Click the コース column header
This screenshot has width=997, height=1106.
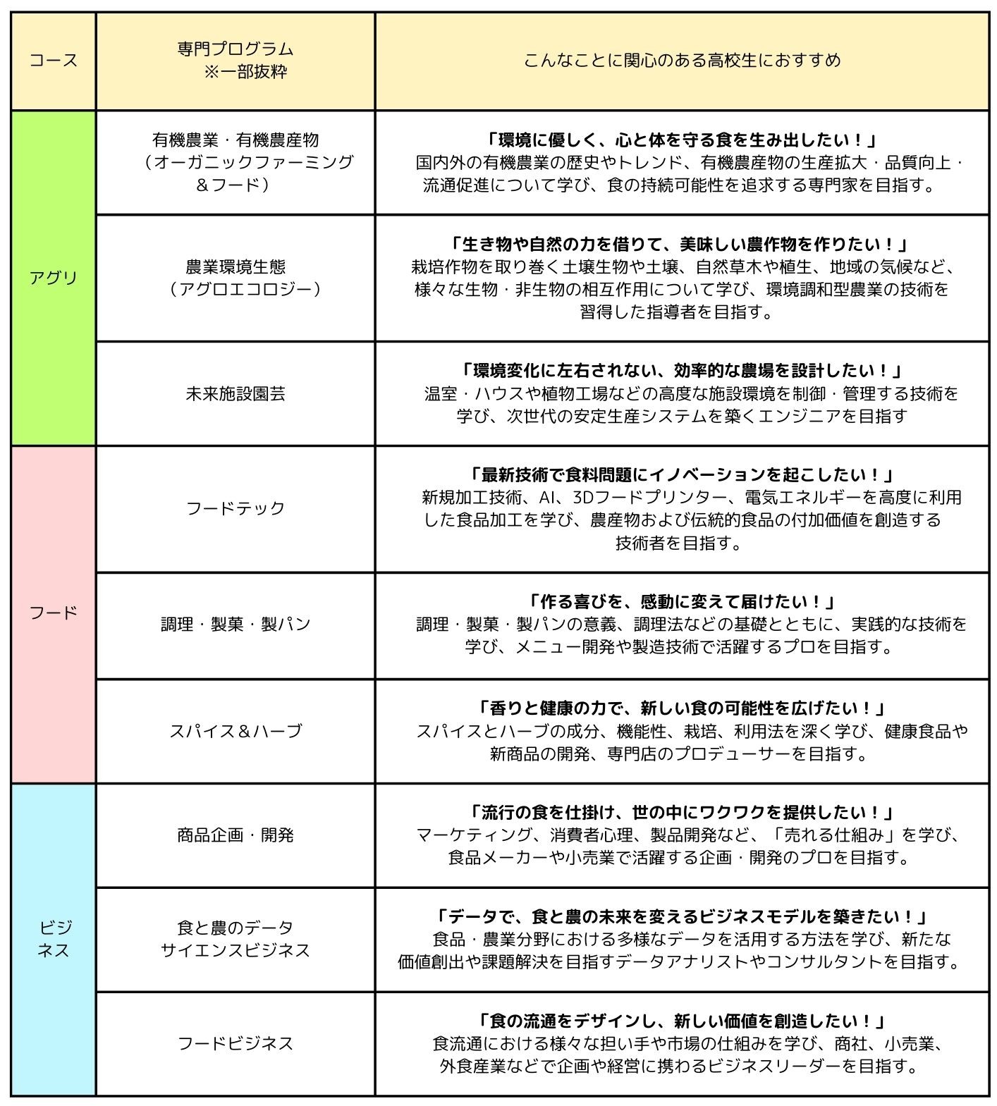[54, 61]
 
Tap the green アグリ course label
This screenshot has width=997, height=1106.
[54, 278]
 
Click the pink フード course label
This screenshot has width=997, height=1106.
[54, 613]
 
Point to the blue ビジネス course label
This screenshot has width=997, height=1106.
[54, 939]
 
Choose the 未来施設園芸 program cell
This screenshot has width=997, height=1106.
[236, 393]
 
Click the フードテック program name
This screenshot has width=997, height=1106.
[236, 508]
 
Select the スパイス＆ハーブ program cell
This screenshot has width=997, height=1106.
[236, 731]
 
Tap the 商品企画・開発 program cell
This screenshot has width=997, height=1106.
[236, 835]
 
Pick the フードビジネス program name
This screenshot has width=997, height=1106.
[236, 1043]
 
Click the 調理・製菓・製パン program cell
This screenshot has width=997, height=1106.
[236, 625]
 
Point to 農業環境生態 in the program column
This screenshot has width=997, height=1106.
[236, 267]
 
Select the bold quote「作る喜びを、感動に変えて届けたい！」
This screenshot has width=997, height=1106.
[682, 602]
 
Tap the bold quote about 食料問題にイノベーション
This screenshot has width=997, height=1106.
[682, 474]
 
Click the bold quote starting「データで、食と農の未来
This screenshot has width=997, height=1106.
[682, 916]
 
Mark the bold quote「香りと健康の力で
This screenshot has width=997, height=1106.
[682, 708]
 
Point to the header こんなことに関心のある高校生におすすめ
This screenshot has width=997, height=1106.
[682, 61]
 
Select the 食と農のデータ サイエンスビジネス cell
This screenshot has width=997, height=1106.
[236, 939]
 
